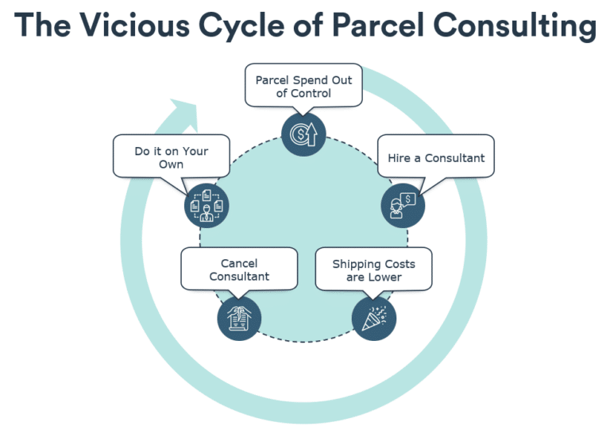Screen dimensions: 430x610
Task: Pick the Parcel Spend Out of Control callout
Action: point(303,87)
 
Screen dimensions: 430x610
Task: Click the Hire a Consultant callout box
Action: point(436,157)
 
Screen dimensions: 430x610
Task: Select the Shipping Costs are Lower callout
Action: point(373,270)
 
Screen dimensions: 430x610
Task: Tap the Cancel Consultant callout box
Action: point(239,269)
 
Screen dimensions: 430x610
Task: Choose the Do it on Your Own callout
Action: point(171,157)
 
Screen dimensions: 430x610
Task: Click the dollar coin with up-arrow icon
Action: point(303,134)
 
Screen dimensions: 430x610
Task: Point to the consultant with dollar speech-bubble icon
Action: point(403,206)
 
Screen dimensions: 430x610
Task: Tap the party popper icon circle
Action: point(373,318)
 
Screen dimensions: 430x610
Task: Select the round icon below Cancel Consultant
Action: point(239,318)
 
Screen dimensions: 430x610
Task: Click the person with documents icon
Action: point(207,205)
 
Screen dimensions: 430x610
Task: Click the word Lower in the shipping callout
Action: point(385,277)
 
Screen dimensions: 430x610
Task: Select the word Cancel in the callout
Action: point(239,263)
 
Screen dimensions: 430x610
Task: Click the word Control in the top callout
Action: point(311,94)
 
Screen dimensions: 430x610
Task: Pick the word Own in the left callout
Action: point(171,165)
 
